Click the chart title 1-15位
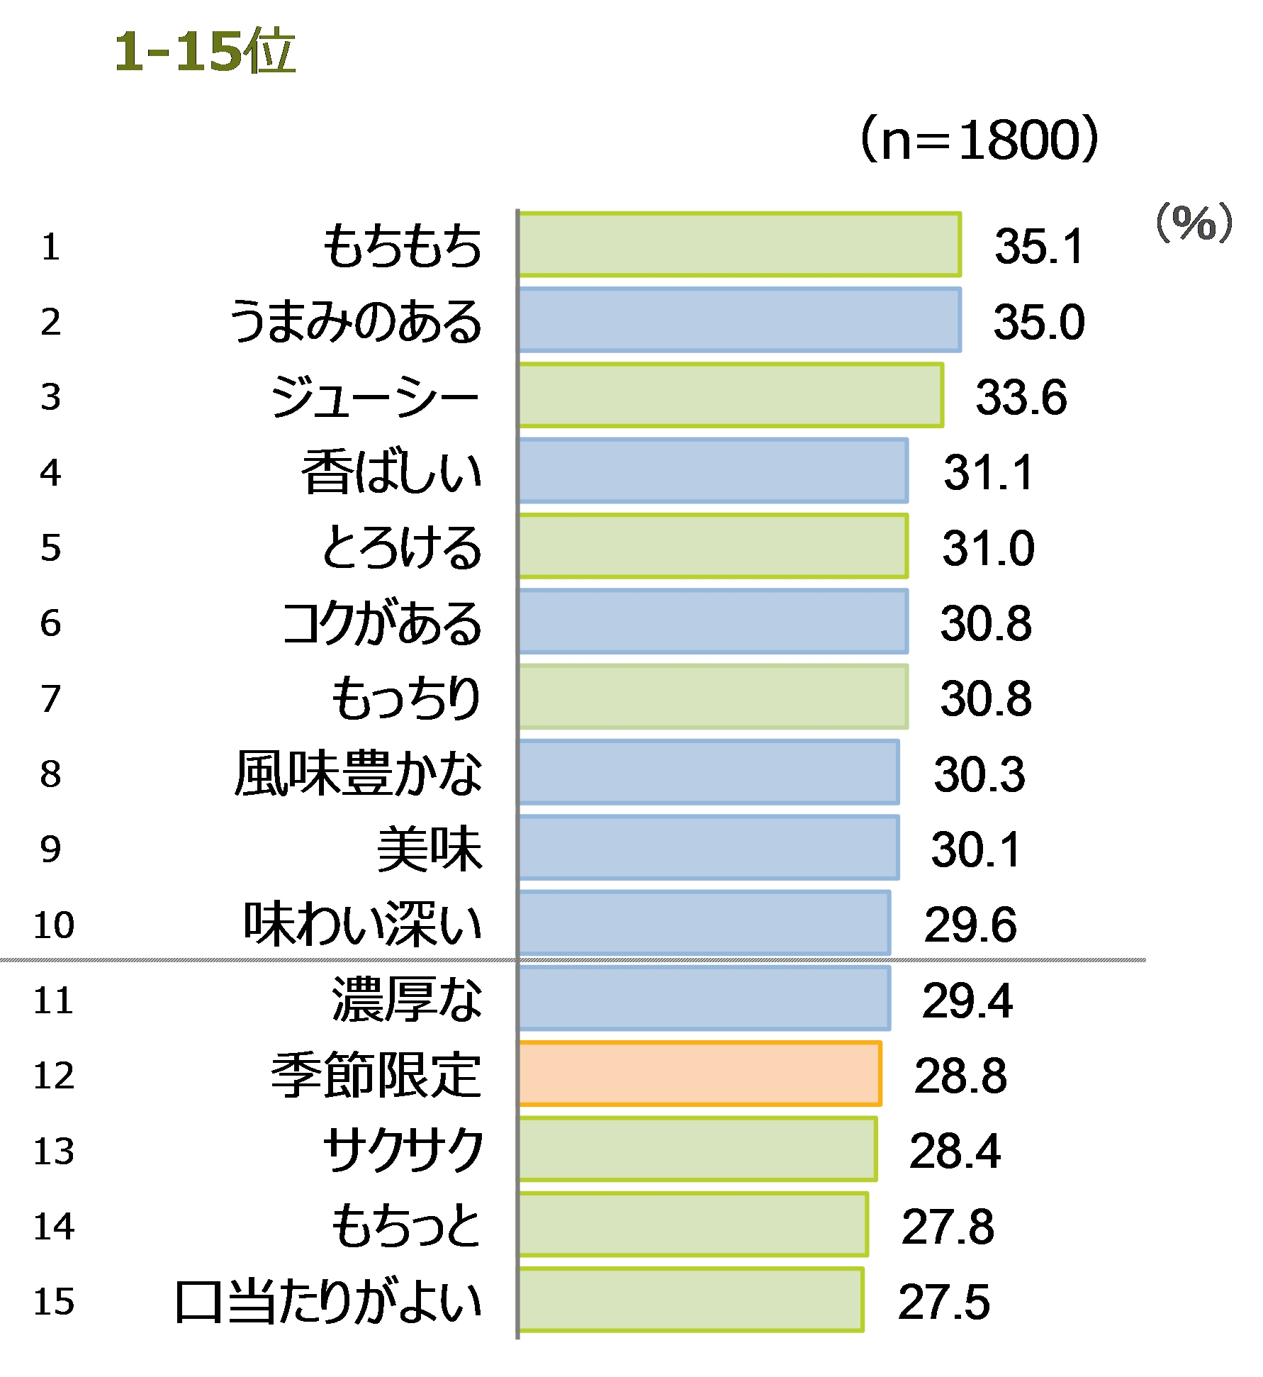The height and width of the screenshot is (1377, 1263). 204,52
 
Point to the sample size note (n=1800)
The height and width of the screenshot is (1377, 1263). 979,140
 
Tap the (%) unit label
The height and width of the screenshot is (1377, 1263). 1194,223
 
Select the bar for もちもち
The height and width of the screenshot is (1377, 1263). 739,245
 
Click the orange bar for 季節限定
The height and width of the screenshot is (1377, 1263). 700,1074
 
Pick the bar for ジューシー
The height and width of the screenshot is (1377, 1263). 730,396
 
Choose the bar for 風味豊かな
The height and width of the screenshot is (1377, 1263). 708,772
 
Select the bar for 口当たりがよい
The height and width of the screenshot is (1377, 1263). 690,1300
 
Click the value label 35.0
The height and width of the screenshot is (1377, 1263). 1038,322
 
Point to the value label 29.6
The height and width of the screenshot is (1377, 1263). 970,925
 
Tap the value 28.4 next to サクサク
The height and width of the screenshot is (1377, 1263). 955,1151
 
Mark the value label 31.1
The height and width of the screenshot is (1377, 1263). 988,473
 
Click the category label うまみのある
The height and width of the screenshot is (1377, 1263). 356,322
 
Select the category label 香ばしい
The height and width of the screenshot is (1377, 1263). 391,473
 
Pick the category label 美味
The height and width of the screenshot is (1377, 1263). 430,849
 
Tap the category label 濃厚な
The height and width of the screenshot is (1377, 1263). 407,1000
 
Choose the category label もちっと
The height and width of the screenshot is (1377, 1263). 407,1226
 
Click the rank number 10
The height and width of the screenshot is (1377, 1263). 54,925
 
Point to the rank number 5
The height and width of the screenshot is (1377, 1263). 51,548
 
